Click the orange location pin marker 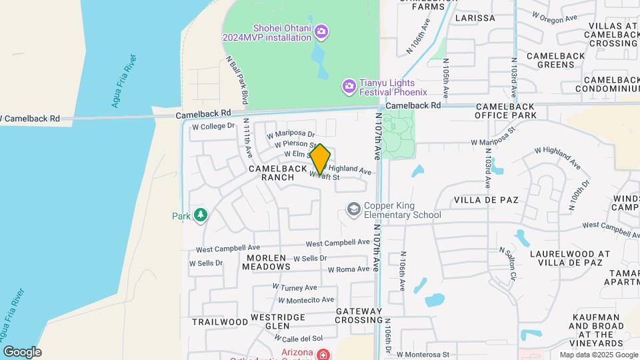pos(320,159)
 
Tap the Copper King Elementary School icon pos(353,210)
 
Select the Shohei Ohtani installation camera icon pos(321,31)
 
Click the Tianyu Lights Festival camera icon pos(349,86)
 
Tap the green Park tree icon pos(200,215)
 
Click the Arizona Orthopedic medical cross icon pos(323,353)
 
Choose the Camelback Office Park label pos(505,111)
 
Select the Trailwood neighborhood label pos(220,321)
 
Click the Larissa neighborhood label pos(475,18)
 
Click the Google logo pos(21,352)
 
